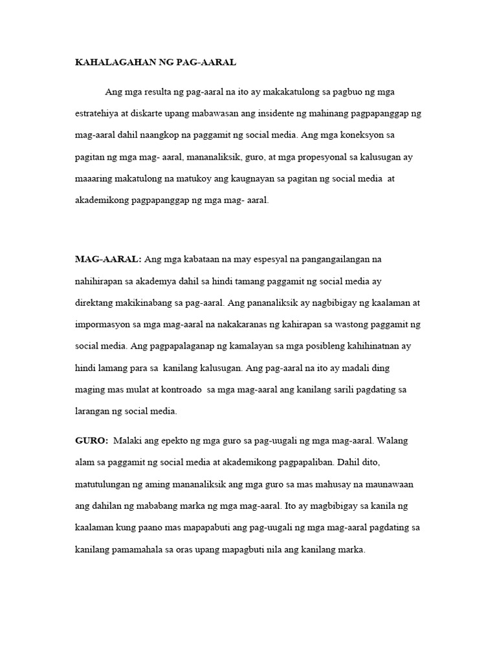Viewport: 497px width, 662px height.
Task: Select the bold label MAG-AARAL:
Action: [x=108, y=259]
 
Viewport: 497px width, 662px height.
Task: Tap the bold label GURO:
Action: [x=92, y=440]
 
